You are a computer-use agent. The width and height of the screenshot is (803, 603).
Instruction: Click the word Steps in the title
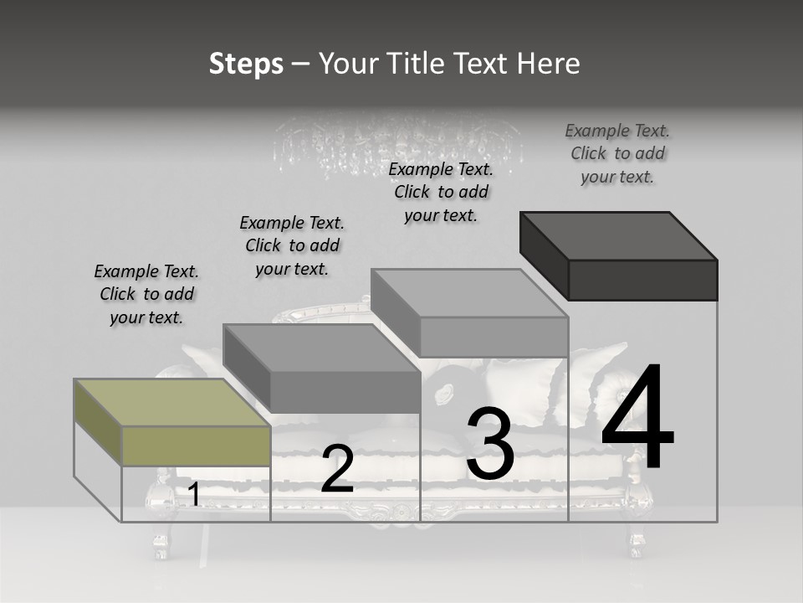tap(246, 64)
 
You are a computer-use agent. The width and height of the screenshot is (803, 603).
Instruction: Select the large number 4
tap(637, 416)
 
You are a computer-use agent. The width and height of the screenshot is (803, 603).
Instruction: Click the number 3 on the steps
tap(489, 444)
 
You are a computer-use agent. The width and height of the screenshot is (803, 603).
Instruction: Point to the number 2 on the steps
tap(337, 469)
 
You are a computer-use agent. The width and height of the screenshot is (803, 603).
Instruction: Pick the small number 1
tap(194, 494)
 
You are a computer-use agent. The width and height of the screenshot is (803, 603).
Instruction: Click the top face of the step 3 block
tap(468, 293)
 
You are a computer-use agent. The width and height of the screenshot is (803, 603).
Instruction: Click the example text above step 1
tap(146, 294)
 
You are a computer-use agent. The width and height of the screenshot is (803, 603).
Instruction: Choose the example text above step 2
tap(292, 245)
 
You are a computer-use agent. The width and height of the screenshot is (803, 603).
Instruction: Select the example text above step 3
tap(441, 192)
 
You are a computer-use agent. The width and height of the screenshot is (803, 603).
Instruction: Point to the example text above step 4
tap(617, 153)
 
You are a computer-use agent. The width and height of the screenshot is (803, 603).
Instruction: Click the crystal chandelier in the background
tap(398, 142)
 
